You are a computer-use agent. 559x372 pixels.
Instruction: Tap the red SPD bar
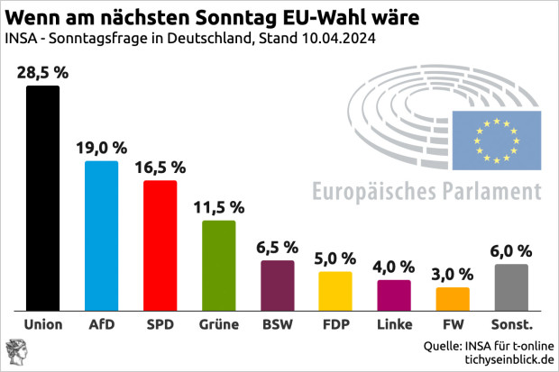(160, 244)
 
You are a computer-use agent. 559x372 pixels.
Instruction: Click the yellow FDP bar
(335, 289)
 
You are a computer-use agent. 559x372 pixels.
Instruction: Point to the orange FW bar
(453, 297)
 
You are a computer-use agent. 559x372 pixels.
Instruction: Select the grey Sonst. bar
(511, 286)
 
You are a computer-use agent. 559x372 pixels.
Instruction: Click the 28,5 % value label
(42, 72)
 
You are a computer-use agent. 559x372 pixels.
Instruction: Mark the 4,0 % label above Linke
(394, 267)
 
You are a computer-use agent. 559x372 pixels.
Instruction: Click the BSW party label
(277, 322)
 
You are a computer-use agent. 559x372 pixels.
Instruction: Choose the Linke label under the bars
(394, 322)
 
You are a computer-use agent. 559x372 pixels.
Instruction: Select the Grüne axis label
(218, 322)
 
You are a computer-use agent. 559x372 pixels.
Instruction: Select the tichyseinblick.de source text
(508, 360)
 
